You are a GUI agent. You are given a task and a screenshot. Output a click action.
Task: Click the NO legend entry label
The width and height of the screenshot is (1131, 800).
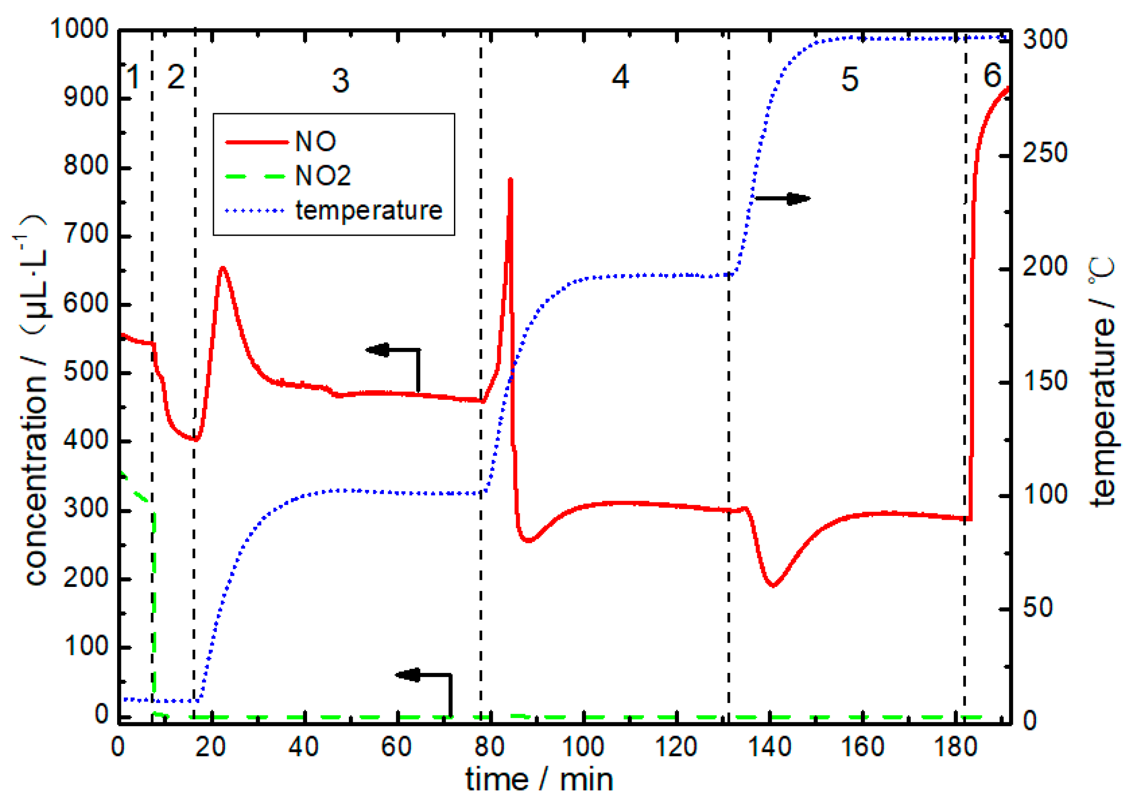[x=315, y=142]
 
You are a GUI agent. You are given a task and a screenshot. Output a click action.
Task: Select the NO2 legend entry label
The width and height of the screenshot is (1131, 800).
[x=322, y=176]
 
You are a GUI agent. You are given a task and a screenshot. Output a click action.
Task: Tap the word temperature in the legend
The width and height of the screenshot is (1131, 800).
[x=369, y=210]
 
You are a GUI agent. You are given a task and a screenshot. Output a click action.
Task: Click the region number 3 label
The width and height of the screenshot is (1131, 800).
[x=340, y=80]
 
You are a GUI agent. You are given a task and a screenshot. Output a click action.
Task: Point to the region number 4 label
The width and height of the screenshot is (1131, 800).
[x=620, y=77]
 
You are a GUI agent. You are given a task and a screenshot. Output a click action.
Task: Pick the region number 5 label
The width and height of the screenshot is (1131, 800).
[x=850, y=79]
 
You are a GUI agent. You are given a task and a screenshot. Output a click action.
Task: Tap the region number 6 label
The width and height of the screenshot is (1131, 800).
[x=992, y=76]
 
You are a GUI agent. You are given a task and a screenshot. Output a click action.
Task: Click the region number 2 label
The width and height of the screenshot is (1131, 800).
[x=176, y=77]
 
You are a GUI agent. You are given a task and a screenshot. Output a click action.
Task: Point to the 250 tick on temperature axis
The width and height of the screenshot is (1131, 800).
[x=1045, y=153]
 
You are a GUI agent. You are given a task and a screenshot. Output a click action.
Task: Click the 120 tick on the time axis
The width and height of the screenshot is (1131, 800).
[x=676, y=747]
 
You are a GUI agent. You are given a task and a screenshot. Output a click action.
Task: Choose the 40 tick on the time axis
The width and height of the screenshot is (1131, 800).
[x=304, y=747]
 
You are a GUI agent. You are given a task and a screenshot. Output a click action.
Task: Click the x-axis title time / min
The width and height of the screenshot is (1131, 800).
[x=539, y=780]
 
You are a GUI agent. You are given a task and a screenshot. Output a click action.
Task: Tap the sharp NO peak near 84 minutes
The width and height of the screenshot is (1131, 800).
[x=511, y=180]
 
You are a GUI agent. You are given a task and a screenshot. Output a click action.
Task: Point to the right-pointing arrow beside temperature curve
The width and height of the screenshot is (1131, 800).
[x=783, y=199]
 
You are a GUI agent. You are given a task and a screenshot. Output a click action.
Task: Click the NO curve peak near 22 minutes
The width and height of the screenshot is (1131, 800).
[x=223, y=268]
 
